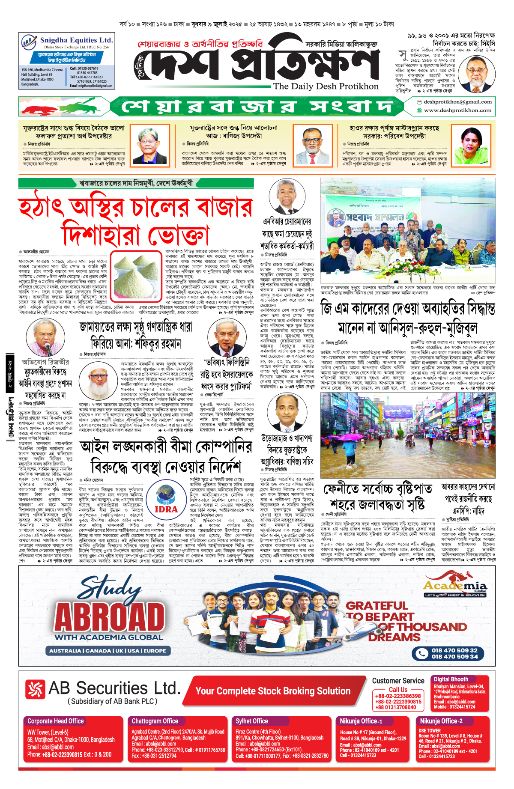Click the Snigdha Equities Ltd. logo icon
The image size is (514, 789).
[x=29, y=42]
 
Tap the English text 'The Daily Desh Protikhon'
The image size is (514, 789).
[x=326, y=86]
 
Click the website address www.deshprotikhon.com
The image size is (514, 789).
[x=457, y=110]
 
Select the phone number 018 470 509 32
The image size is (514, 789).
[x=454, y=650]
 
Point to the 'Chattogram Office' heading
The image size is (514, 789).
[x=155, y=721]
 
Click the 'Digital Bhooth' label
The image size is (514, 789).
[x=451, y=679]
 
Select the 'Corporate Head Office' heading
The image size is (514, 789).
[x=55, y=721]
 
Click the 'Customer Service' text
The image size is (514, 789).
[x=398, y=681]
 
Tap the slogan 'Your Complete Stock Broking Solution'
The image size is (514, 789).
[x=273, y=691]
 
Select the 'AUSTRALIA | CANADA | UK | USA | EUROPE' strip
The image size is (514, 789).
[x=108, y=651]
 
